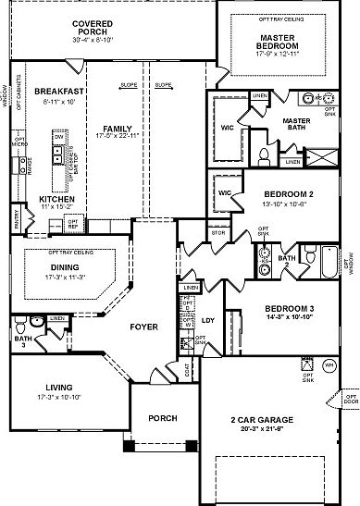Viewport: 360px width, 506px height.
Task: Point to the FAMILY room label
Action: click(x=117, y=130)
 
